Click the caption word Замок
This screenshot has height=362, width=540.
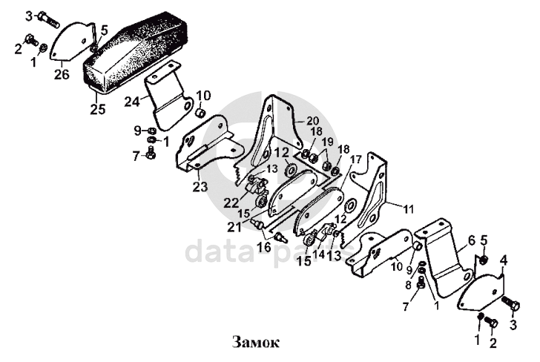pyautogui.click(x=256, y=343)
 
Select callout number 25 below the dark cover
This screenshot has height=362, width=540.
pyautogui.click(x=97, y=109)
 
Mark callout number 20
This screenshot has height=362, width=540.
pyautogui.click(x=312, y=120)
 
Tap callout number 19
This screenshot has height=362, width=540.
pyautogui.click(x=326, y=141)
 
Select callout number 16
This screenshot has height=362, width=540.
pyautogui.click(x=263, y=246)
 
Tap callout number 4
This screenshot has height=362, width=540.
pyautogui.click(x=504, y=260)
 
